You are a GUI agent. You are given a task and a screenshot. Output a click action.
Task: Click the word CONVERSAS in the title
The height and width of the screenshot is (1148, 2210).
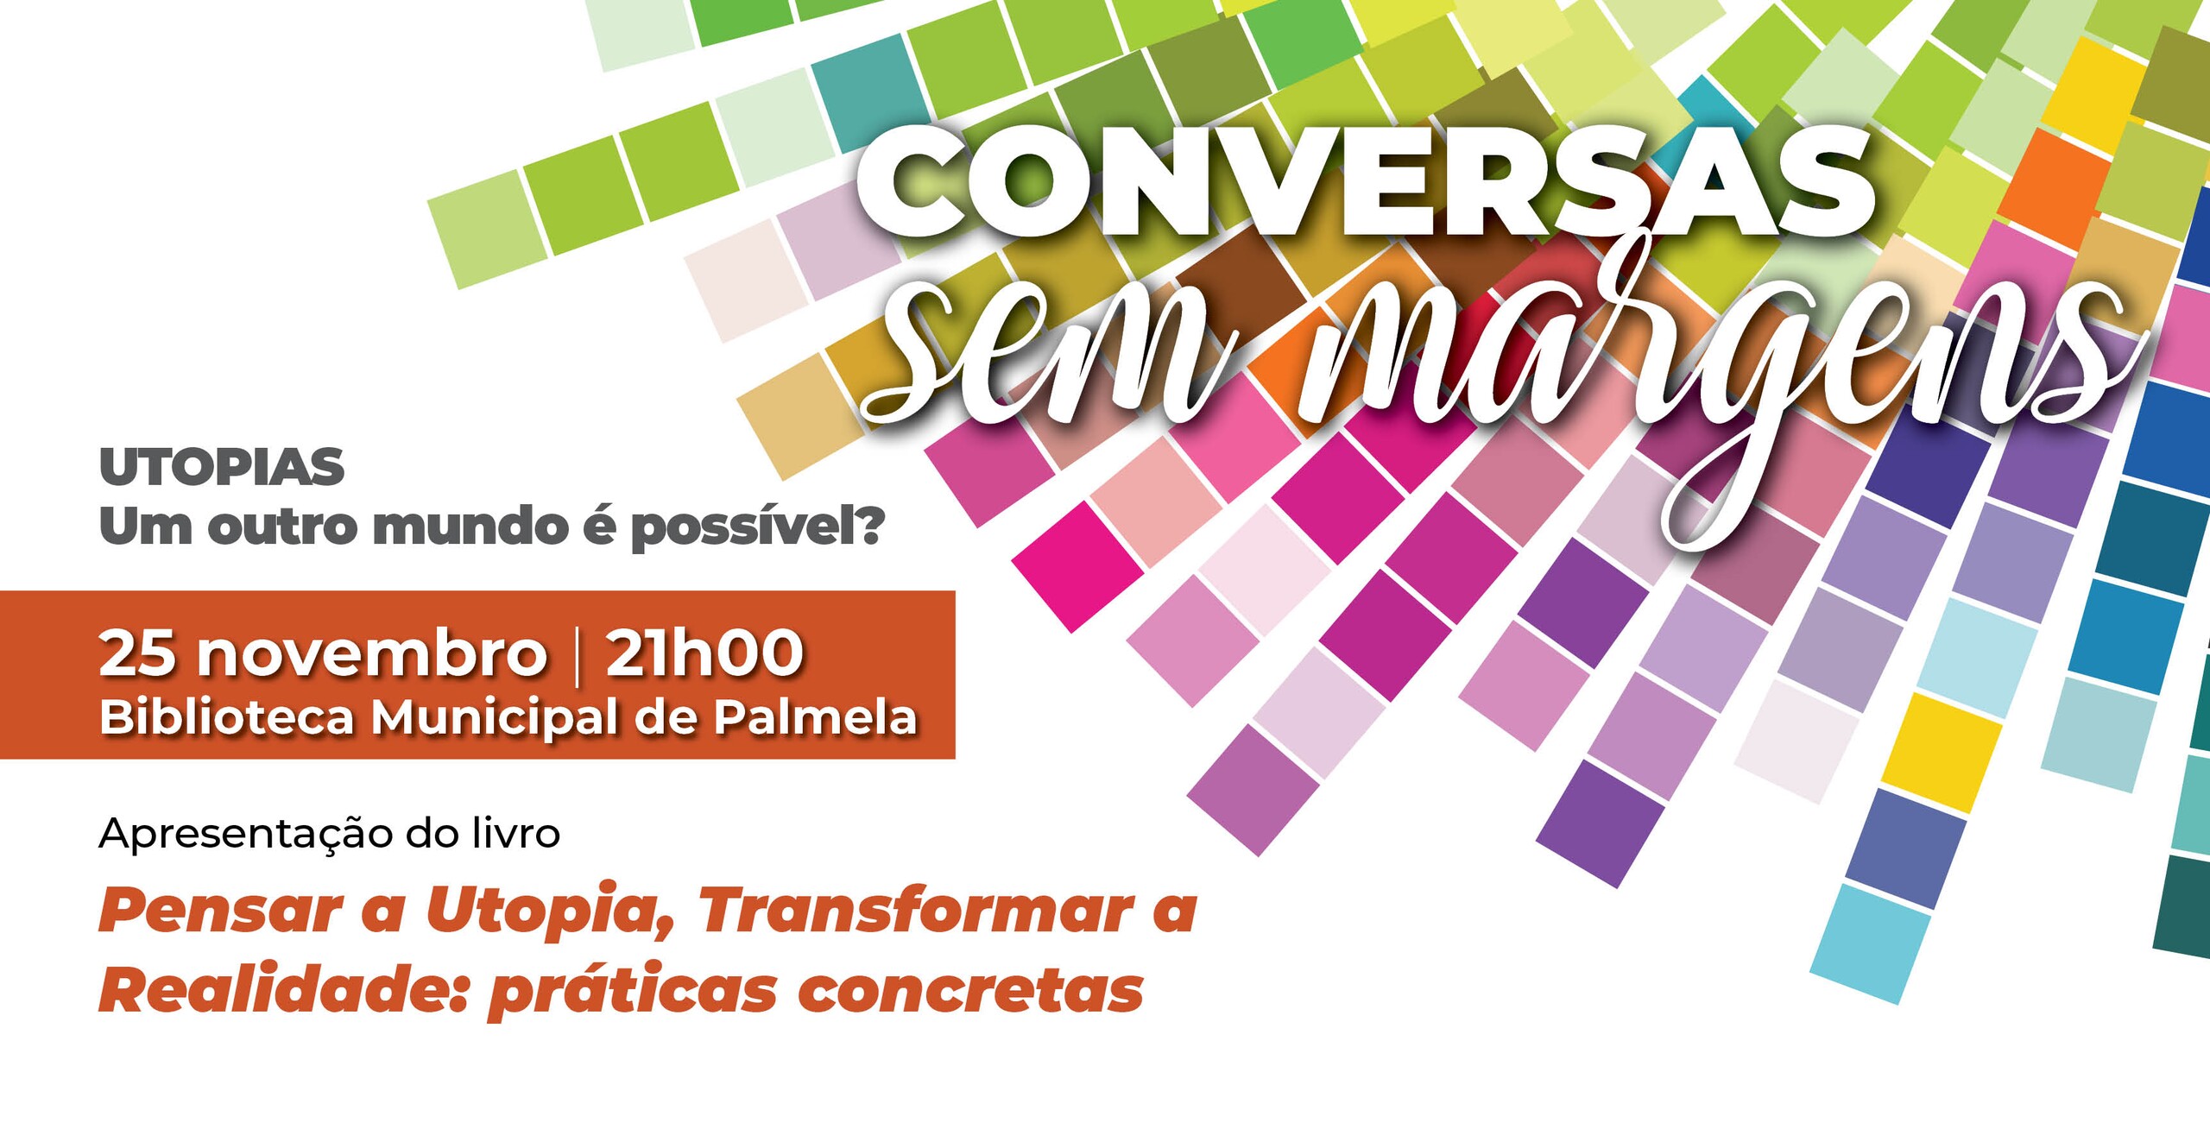(x=1367, y=185)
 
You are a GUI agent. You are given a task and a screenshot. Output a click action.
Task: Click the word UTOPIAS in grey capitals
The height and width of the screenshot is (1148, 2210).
(x=222, y=467)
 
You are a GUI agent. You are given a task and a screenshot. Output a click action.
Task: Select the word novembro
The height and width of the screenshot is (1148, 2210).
(x=372, y=653)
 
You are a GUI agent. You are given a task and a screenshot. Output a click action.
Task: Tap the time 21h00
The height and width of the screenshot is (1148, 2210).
(x=704, y=653)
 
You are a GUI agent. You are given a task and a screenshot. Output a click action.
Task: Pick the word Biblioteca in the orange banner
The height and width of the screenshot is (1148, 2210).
(x=227, y=717)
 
